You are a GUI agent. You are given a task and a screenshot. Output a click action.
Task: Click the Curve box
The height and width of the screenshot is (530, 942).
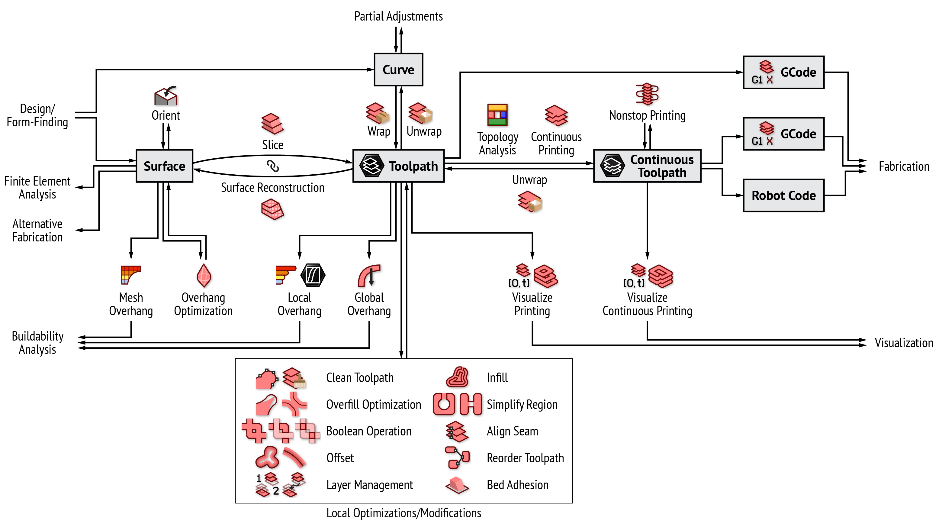[x=398, y=69]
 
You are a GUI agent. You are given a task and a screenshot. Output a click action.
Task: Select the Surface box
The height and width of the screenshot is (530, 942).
[x=164, y=166]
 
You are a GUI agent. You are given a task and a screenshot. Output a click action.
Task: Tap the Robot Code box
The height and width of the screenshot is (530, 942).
[x=783, y=195]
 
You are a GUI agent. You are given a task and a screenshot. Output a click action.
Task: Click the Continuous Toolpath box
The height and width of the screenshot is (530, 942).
[x=647, y=166]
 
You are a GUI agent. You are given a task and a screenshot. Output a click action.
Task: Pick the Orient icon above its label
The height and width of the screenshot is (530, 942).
[x=166, y=96]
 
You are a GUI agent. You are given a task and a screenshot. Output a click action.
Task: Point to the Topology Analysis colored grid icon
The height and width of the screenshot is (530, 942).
[x=497, y=115]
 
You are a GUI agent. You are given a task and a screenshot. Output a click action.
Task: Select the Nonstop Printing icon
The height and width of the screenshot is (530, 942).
[x=647, y=94]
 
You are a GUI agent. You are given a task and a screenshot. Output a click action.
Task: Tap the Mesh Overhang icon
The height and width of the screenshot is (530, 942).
[x=130, y=275]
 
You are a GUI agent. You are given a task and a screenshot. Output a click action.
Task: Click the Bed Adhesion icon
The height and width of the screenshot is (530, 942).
[x=457, y=485]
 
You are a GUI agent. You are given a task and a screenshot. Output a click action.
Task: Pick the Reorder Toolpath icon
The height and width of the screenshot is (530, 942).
[x=457, y=457]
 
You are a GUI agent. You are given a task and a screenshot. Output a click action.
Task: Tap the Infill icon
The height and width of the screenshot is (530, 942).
[x=457, y=377]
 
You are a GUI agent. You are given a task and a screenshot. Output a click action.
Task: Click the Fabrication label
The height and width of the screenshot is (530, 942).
[x=904, y=166]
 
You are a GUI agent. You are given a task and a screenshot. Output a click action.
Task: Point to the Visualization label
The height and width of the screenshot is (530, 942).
[x=904, y=343]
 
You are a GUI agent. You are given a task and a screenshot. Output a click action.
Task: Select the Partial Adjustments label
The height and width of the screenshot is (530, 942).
[x=398, y=16]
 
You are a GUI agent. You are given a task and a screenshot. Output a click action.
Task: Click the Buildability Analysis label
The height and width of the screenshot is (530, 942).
[x=38, y=343]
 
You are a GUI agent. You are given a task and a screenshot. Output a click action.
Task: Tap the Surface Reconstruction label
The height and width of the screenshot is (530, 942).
[x=273, y=188]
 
